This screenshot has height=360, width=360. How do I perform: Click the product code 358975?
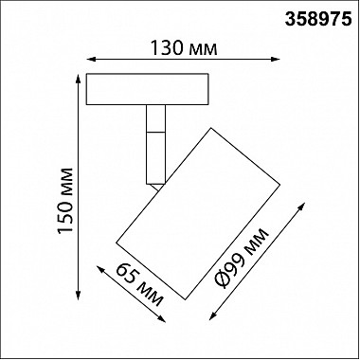[x=318, y=20]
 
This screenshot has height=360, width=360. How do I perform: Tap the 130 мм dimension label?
[x=183, y=48]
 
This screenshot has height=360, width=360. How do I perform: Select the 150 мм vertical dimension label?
[x=65, y=201]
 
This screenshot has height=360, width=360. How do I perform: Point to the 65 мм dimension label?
[x=140, y=285]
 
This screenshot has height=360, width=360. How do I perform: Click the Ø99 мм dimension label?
[x=242, y=258]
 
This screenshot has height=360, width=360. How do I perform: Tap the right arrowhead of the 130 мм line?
[x=276, y=59]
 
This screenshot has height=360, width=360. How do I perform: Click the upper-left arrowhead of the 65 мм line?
[x=100, y=269]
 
